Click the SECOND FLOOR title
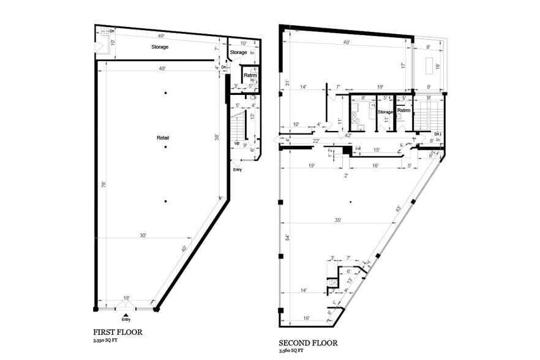click(x=307, y=343)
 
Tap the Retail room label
click(x=162, y=138)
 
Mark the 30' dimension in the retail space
click(x=143, y=236)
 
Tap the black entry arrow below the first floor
click(x=126, y=313)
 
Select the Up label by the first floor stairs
click(x=236, y=143)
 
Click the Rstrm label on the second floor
click(x=403, y=111)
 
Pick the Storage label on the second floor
click(x=384, y=112)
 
